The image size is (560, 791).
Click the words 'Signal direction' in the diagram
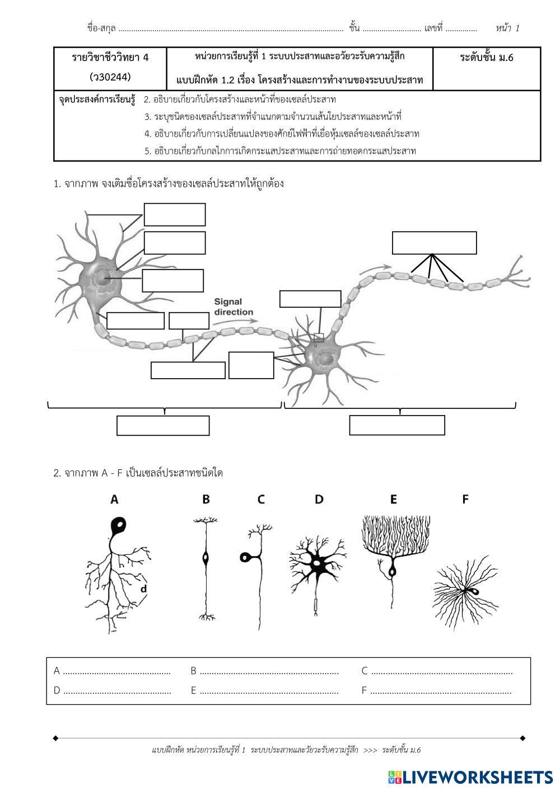(234, 307)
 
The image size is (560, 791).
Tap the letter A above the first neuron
(114, 499)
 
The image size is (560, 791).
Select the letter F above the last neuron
(465, 499)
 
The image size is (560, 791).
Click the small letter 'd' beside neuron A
(143, 588)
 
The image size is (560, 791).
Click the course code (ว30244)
(110, 76)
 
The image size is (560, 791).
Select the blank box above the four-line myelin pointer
(434, 243)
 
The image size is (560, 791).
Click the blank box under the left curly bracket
(163, 425)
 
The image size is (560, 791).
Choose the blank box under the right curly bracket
(397, 425)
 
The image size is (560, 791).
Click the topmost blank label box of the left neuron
(175, 214)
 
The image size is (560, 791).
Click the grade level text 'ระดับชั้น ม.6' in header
(487, 58)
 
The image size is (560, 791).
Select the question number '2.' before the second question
(57, 473)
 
